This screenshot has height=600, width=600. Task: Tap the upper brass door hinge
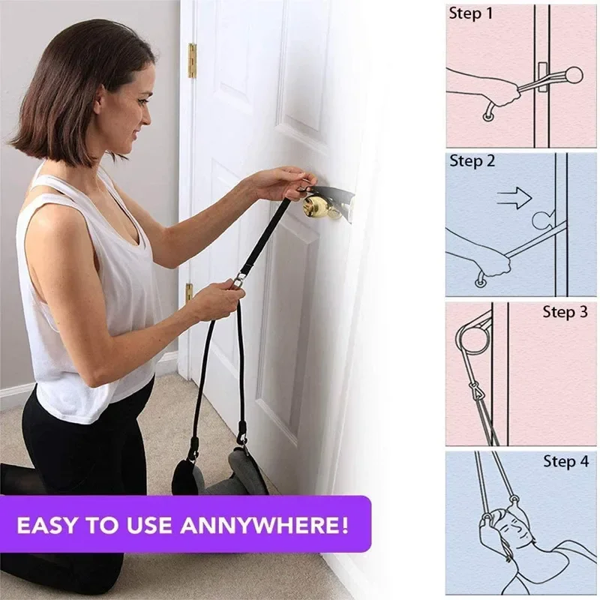(192, 61)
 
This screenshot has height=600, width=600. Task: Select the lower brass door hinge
(189, 292)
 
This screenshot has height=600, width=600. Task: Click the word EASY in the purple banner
(46, 524)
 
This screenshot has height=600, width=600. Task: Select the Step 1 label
(471, 13)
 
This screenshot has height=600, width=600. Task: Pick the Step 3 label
(565, 312)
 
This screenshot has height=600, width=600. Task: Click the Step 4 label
(565, 461)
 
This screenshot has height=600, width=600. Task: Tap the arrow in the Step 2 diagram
(514, 198)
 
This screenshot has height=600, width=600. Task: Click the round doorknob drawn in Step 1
(573, 75)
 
